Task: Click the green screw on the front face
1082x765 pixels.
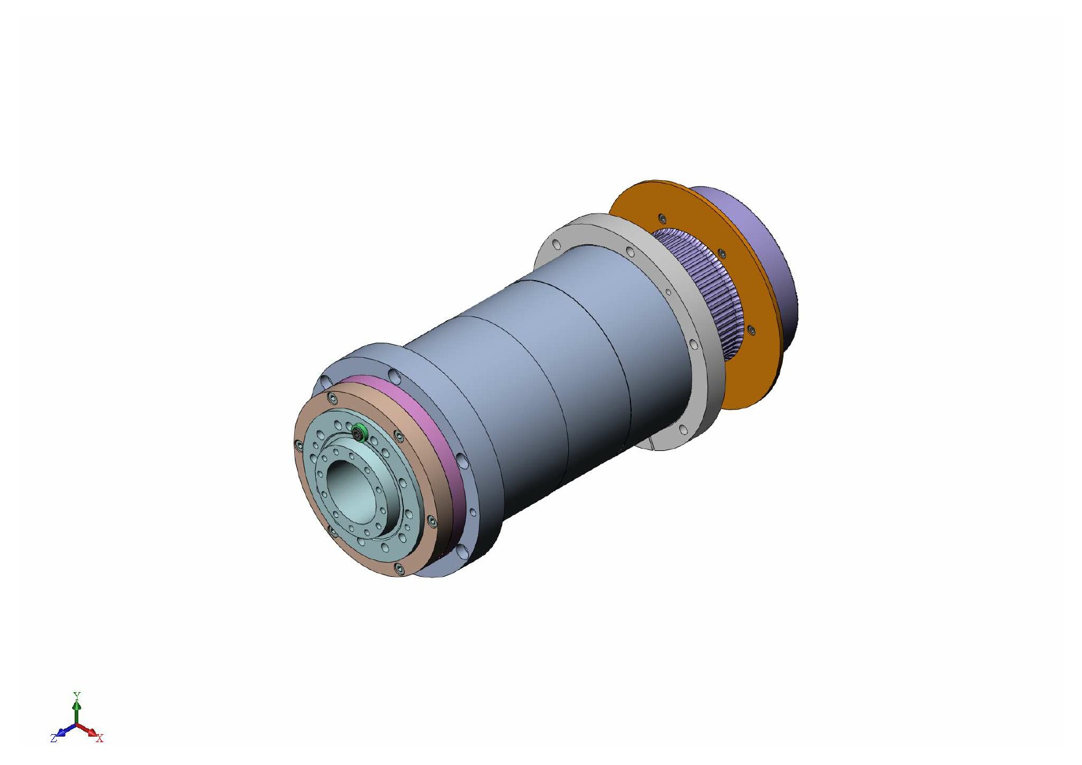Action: tap(360, 434)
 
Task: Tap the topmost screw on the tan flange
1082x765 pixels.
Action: tap(332, 397)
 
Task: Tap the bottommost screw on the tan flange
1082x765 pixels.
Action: tap(399, 569)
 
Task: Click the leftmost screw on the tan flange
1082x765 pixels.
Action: tap(299, 443)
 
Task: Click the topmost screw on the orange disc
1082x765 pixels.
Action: tap(662, 218)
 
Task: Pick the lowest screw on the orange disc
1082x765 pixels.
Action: tap(751, 331)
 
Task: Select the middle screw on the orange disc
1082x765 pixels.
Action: tap(721, 254)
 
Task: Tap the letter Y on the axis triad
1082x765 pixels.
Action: tap(76, 695)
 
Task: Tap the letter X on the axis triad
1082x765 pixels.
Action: tap(100, 738)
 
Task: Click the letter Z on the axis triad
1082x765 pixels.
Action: tap(54, 738)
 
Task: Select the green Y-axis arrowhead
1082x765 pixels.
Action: tap(76, 704)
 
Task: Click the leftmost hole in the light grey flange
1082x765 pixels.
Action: tap(555, 243)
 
